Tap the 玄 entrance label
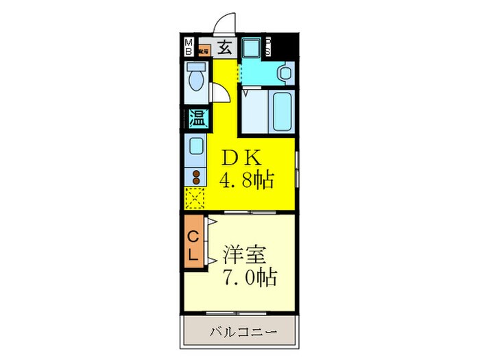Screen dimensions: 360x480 click(224, 47)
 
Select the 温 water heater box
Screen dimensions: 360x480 click(197, 118)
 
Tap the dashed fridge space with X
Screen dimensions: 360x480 click(195, 199)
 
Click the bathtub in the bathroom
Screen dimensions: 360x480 click(282, 112)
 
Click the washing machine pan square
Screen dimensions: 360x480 click(252, 48)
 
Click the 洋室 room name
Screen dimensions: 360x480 click(244, 254)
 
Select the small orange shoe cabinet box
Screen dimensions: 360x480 click(204, 49)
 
